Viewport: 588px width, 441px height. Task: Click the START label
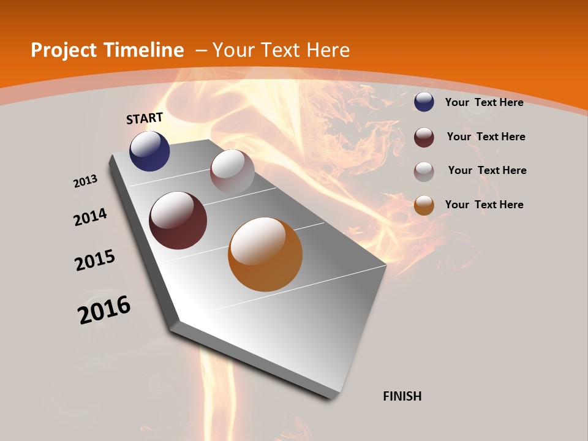click(x=145, y=118)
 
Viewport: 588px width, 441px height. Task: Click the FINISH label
click(x=402, y=396)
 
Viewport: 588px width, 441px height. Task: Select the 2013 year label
click(x=85, y=181)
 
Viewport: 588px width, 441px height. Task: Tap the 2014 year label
click(x=91, y=217)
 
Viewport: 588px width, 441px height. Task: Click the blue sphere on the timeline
click(x=149, y=151)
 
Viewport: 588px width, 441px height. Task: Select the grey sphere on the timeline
click(x=232, y=171)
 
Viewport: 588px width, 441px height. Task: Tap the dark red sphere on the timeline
click(x=178, y=221)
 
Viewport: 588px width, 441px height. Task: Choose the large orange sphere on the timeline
click(x=265, y=254)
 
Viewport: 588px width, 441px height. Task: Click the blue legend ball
click(x=424, y=102)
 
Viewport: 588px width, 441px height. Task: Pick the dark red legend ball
click(x=424, y=137)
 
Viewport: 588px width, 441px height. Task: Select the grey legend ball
click(x=424, y=171)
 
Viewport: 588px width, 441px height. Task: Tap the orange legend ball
click(x=424, y=205)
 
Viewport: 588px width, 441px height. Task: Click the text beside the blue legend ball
click(x=484, y=102)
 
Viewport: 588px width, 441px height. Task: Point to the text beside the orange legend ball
click(x=484, y=205)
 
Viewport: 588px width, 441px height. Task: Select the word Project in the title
click(x=60, y=50)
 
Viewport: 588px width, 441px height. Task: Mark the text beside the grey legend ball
click(x=487, y=170)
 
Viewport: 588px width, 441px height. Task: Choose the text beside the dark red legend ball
click(x=486, y=137)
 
